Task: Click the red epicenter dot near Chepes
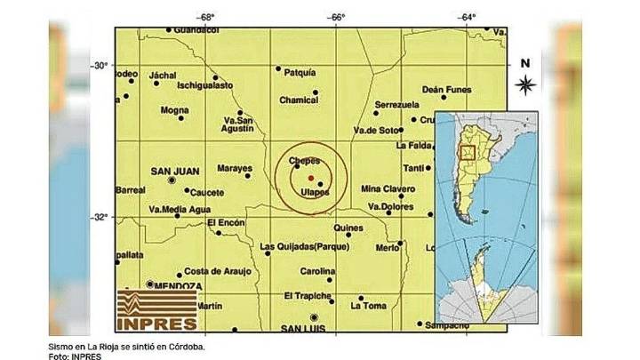309,178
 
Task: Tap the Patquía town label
298,72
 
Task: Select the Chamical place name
299,100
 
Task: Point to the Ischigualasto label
204,85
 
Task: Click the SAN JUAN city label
173,171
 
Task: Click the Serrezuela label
396,104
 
